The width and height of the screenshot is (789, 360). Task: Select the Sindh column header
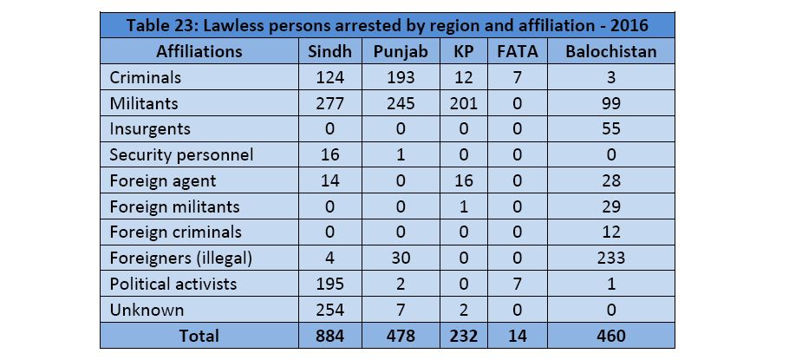click(x=330, y=51)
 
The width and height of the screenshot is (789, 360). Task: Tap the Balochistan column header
click(x=610, y=51)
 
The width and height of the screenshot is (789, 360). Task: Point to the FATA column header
click(x=518, y=51)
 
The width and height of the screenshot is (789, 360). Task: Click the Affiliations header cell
click(x=199, y=51)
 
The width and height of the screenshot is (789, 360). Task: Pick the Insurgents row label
click(x=150, y=129)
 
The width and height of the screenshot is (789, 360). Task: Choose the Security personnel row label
click(x=181, y=155)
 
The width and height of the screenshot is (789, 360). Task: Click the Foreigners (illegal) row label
click(x=181, y=259)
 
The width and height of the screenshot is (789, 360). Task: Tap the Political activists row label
click(x=173, y=285)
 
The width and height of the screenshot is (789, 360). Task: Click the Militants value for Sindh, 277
click(x=330, y=103)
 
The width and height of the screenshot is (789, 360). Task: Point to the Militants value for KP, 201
click(x=464, y=103)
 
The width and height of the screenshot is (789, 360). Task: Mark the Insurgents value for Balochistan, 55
click(x=610, y=129)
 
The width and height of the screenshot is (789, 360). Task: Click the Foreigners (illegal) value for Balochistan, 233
click(x=610, y=259)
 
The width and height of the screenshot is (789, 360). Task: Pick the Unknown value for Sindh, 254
click(x=330, y=310)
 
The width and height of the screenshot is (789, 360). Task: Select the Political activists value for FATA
click(x=518, y=285)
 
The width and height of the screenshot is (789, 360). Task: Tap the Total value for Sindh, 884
click(x=330, y=336)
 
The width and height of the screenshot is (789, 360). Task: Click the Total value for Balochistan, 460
click(x=610, y=336)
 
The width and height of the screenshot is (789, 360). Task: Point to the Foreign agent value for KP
click(x=464, y=180)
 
